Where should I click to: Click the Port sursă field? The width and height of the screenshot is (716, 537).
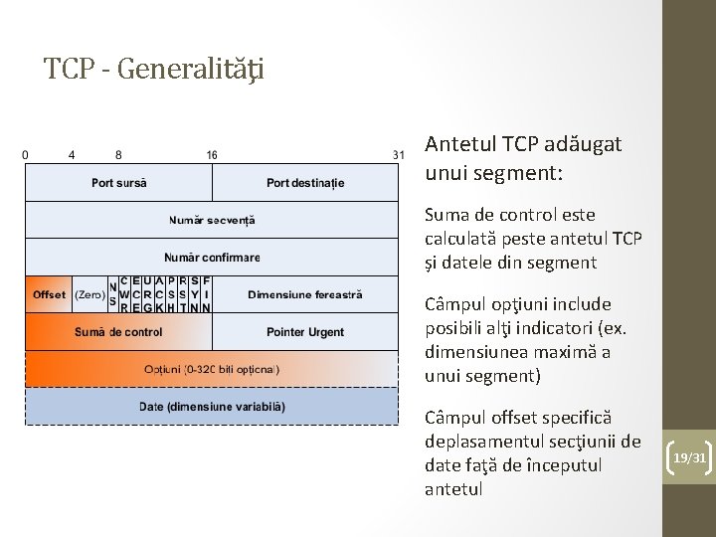118,183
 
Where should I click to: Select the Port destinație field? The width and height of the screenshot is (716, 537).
305,183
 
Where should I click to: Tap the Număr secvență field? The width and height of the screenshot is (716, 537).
212,220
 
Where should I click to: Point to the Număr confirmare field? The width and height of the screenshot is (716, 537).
212,258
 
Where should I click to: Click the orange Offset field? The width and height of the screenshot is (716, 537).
49,294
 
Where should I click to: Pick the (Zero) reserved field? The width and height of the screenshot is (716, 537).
89,294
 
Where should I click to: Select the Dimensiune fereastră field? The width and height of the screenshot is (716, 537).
305,294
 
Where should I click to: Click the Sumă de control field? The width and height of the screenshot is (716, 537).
118,331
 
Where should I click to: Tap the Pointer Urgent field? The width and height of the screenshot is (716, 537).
305,331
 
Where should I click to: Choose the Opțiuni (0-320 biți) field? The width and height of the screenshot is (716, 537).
212,369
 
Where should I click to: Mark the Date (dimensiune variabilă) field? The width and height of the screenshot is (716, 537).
212,407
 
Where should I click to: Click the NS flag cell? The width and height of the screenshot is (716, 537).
112,294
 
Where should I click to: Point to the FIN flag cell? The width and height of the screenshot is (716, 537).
206,294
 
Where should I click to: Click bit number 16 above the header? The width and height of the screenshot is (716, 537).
212,155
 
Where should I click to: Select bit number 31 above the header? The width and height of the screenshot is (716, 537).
399,155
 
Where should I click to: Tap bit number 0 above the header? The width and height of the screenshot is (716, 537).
25,155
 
